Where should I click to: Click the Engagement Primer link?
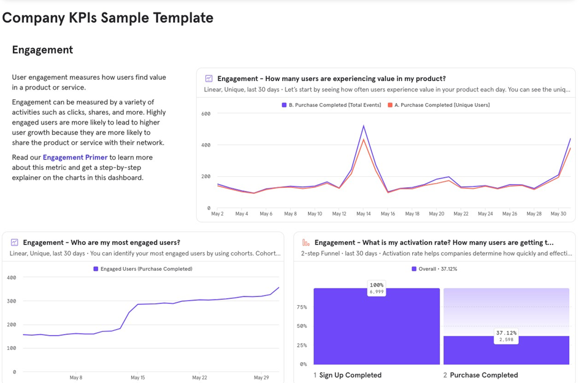pyautogui.click(x=75, y=158)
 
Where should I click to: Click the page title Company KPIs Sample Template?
pyautogui.click(x=108, y=18)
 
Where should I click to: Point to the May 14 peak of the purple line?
pyautogui.click(x=364, y=126)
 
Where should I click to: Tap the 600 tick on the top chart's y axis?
pyautogui.click(x=205, y=114)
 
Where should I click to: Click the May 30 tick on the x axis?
pyautogui.click(x=558, y=214)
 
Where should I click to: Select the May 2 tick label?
pyautogui.click(x=217, y=214)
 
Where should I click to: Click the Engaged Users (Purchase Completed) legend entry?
pyautogui.click(x=146, y=269)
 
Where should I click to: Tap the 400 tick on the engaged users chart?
pyautogui.click(x=11, y=278)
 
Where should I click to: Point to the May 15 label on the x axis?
pyautogui.click(x=138, y=377)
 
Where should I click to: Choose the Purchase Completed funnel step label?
pyautogui.click(x=483, y=375)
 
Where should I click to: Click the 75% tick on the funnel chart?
pyautogui.click(x=302, y=307)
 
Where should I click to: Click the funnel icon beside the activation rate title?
pyautogui.click(x=305, y=242)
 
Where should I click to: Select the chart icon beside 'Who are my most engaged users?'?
pyautogui.click(x=14, y=242)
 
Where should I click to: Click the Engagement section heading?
pyautogui.click(x=42, y=50)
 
